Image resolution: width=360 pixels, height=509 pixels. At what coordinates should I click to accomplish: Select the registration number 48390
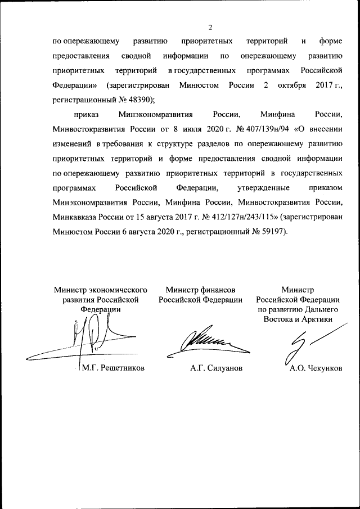(142, 100)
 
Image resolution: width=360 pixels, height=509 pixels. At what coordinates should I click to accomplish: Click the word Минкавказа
(75, 217)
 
